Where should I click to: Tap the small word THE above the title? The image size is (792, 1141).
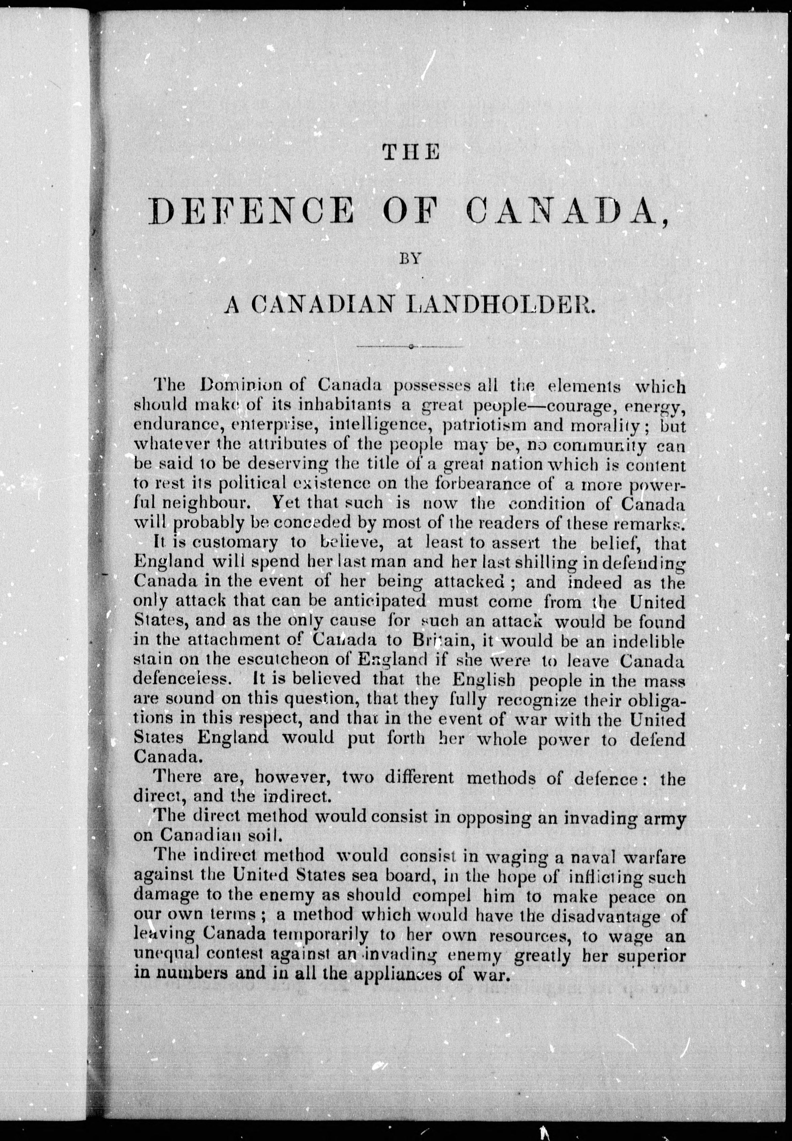(412, 152)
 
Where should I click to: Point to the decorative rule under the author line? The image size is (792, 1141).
(412, 346)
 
